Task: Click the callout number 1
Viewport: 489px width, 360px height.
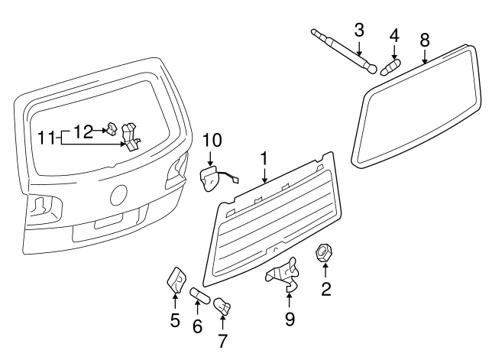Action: pyautogui.click(x=263, y=159)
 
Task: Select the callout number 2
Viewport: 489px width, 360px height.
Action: pyautogui.click(x=326, y=289)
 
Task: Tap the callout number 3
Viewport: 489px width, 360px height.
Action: pyautogui.click(x=360, y=31)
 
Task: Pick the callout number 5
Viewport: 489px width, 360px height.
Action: pyautogui.click(x=175, y=320)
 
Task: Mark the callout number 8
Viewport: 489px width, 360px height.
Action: pyautogui.click(x=424, y=39)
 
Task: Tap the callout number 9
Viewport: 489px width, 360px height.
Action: pyautogui.click(x=290, y=318)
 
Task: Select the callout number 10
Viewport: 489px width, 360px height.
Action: pyautogui.click(x=212, y=140)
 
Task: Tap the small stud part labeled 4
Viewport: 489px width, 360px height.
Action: pyautogui.click(x=390, y=66)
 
